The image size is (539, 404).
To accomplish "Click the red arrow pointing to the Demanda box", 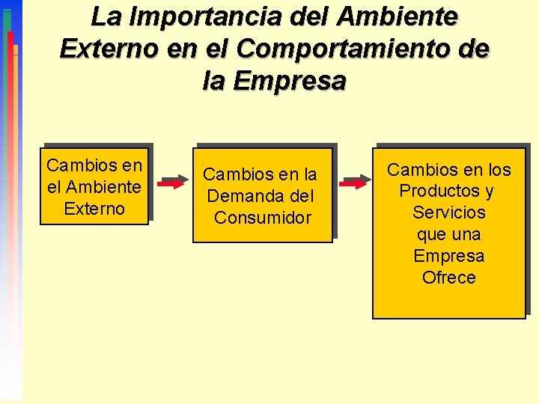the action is coord(173,182).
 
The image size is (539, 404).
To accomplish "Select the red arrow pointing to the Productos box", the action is coord(353,182).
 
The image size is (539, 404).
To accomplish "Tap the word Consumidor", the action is coord(262,218).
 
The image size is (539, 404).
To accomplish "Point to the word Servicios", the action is coord(449,212).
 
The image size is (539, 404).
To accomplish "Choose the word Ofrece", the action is coord(449,278).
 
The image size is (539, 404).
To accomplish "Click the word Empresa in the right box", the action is coord(449,256).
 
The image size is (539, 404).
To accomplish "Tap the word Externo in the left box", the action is coord(94,208).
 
